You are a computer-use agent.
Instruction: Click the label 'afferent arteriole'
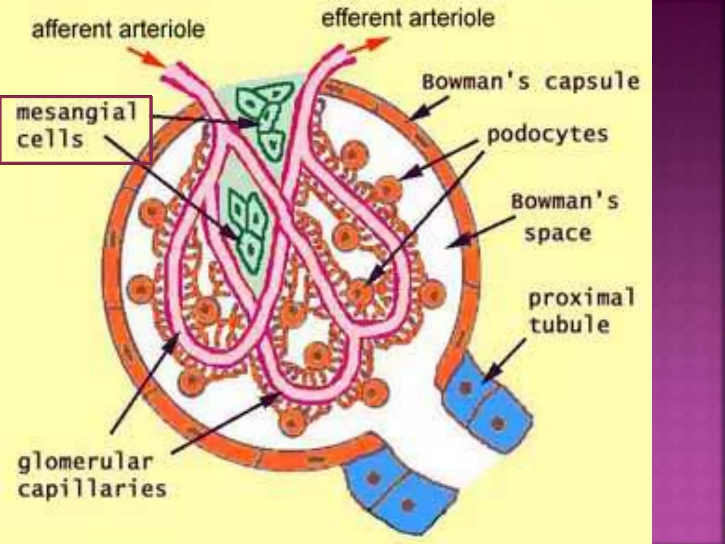[118, 29]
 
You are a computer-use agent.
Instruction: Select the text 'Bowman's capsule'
[530, 82]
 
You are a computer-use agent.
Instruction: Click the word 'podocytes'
[547, 135]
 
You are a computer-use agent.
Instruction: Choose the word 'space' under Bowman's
[558, 233]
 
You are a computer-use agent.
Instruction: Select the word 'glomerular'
[85, 462]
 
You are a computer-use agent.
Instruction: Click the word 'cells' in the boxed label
[50, 140]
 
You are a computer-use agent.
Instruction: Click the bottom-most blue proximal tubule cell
[407, 503]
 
